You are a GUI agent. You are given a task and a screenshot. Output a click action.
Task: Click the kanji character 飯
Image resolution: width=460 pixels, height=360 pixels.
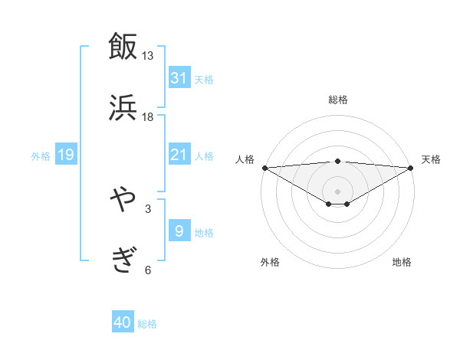coord(123,47)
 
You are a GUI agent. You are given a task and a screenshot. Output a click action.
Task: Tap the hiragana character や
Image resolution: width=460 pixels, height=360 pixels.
coord(123,200)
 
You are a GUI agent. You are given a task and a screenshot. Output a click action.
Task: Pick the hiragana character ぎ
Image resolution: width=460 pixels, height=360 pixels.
coord(123,260)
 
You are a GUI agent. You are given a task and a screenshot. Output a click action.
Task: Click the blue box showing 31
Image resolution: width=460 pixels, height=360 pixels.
coord(179,78)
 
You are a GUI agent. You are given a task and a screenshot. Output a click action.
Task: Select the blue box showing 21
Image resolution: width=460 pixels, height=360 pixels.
coord(179,155)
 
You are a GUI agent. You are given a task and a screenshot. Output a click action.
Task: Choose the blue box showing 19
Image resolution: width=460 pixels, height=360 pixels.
coord(66,155)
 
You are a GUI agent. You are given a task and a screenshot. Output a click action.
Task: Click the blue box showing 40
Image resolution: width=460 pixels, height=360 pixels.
coord(123,323)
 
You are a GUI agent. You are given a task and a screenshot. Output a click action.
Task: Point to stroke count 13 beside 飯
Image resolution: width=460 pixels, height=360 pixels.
coord(148,56)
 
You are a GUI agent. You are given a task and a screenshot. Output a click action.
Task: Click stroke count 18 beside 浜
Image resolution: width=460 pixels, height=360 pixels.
coord(148,116)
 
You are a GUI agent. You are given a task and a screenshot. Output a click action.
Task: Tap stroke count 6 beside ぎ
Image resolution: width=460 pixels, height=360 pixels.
coord(148,270)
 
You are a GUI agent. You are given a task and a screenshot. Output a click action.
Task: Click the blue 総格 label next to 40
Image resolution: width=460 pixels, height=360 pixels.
coord(147,324)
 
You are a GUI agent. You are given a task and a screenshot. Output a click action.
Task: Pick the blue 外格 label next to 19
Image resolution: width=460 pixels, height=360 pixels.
coord(41,156)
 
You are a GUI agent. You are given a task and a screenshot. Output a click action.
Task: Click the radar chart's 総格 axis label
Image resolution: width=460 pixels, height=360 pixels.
coord(338,100)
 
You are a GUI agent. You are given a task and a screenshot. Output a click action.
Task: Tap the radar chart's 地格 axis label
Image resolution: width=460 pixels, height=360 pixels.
coord(402,262)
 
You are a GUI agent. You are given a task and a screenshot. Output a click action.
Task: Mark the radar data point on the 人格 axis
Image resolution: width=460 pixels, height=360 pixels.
coord(264,168)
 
